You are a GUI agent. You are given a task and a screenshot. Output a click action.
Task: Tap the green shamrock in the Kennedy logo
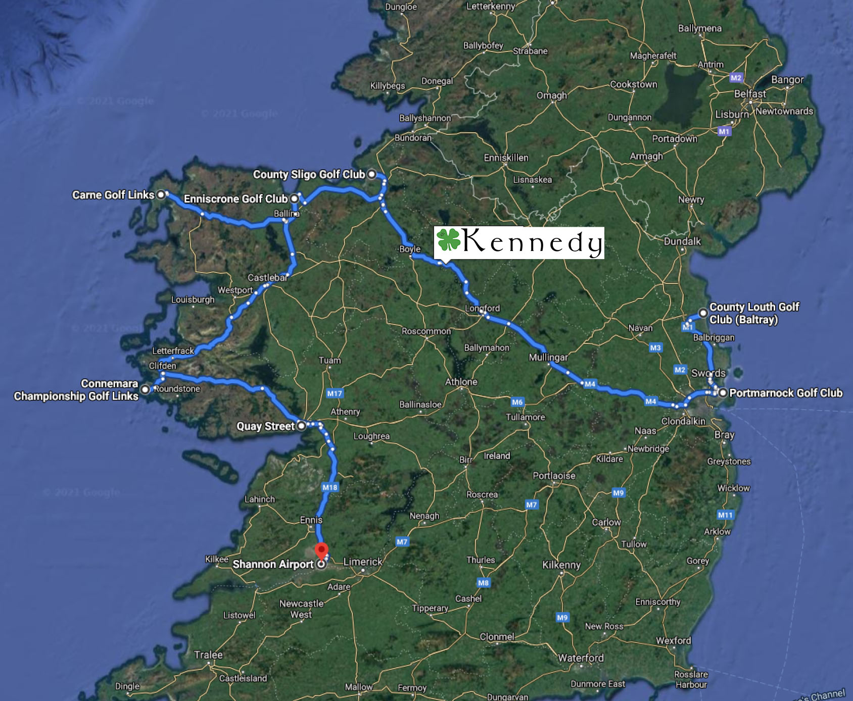pyautogui.click(x=448, y=239)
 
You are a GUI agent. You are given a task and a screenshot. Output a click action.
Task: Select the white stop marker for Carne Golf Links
pyautogui.click(x=161, y=194)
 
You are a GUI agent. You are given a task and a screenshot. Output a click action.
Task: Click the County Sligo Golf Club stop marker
pyautogui.click(x=372, y=174)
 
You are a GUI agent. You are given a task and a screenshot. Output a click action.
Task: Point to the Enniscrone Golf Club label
pyautogui.click(x=235, y=199)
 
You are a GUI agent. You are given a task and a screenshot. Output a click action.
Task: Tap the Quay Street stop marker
pyautogui.click(x=302, y=426)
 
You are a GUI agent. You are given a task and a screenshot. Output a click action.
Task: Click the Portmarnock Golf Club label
pyautogui.click(x=786, y=393)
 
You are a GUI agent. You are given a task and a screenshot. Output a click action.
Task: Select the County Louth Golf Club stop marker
pyautogui.click(x=703, y=313)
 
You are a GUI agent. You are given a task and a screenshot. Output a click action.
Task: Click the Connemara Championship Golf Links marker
pyautogui.click(x=145, y=389)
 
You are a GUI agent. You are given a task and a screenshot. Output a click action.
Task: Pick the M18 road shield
pyautogui.click(x=330, y=487)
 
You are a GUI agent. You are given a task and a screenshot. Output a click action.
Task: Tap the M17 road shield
pyautogui.click(x=335, y=393)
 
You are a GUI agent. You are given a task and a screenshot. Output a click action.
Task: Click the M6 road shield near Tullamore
pyautogui.click(x=517, y=402)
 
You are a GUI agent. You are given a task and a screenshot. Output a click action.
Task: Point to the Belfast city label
pyautogui.click(x=750, y=94)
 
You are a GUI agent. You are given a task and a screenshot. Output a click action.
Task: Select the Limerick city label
pyautogui.click(x=363, y=562)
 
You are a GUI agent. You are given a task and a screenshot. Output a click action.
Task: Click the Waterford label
pyautogui.click(x=581, y=658)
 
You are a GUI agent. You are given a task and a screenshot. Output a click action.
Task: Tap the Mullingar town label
pyautogui.click(x=548, y=357)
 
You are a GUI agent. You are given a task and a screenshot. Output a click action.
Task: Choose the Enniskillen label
pyautogui.click(x=506, y=158)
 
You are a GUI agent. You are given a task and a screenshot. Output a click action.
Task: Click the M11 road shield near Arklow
pyautogui.click(x=725, y=515)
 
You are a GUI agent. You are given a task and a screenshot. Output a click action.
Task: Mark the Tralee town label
pyautogui.click(x=208, y=655)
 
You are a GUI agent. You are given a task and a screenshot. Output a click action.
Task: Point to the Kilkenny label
pyautogui.click(x=561, y=565)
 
